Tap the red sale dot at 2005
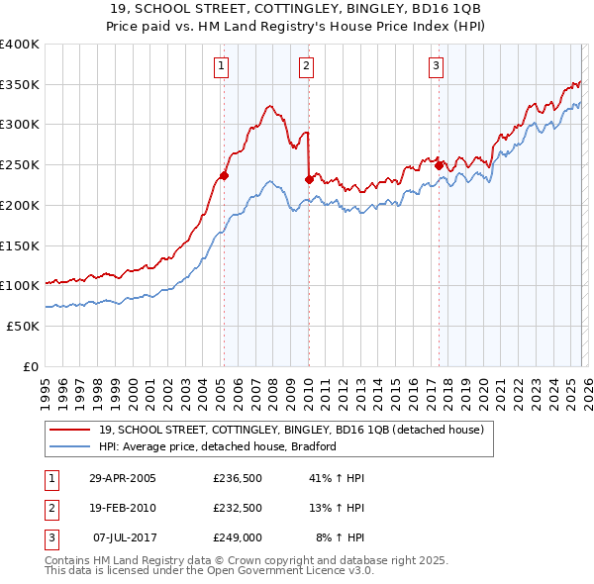[x=224, y=176]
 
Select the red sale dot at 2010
[x=309, y=179]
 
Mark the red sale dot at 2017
[x=439, y=166]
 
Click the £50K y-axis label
[x=24, y=326]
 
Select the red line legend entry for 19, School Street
[x=290, y=430]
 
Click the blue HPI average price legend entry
[x=218, y=446]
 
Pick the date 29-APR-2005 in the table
[x=123, y=478]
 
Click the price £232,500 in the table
[x=238, y=508]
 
